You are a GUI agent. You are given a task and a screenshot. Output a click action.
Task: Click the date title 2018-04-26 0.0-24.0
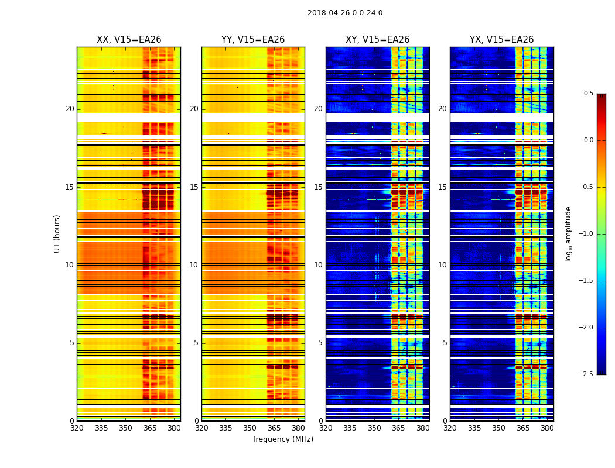pos(345,13)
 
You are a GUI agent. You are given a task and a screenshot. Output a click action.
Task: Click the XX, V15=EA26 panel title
pos(129,40)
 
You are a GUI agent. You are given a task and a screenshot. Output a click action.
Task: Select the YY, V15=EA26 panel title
pos(253,40)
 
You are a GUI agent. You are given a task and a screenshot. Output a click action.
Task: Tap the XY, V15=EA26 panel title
pos(377,40)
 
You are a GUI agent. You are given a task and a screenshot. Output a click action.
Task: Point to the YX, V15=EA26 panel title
pos(501,40)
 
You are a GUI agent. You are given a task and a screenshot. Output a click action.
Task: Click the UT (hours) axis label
pos(57,233)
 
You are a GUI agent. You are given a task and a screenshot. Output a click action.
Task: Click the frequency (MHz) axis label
pos(283,439)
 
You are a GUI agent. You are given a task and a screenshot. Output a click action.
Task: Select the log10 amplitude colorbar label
pos(568,233)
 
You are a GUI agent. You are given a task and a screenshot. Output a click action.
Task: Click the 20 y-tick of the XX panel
pos(70,109)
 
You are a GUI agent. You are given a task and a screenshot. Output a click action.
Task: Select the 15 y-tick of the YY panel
pos(194,187)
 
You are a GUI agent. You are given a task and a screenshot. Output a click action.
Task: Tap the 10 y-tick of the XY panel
pos(318,265)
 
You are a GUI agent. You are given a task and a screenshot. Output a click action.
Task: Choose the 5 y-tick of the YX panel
pos(444,343)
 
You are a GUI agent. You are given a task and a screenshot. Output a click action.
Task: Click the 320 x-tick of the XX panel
pos(77,428)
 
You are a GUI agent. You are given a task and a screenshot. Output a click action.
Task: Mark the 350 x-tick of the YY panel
pos(250,428)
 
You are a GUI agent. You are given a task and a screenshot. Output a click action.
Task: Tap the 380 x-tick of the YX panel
pos(547,428)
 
